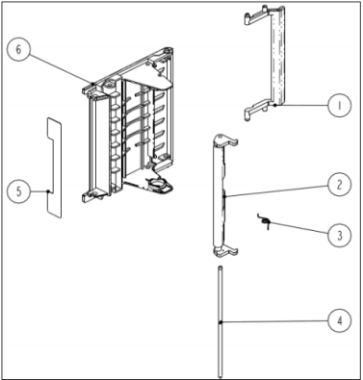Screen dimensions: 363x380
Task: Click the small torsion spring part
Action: pyautogui.click(x=265, y=221)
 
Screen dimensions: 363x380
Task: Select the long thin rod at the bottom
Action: pyautogui.click(x=220, y=321)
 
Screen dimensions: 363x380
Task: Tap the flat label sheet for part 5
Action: pyautogui.click(x=54, y=166)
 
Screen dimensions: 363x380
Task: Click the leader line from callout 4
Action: pyautogui.click(x=274, y=321)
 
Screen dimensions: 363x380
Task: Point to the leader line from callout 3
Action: pyautogui.click(x=298, y=228)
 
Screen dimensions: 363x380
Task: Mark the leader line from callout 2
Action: pyautogui.click(x=276, y=190)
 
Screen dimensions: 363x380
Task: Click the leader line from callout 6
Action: pyautogui.click(x=61, y=68)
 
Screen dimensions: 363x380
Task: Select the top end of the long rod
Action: pyautogui.click(x=220, y=266)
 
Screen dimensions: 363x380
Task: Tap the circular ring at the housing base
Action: pyautogui.click(x=157, y=185)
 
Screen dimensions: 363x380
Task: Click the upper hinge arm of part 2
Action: pyautogui.click(x=227, y=140)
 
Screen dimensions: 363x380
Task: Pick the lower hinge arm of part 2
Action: pyautogui.click(x=228, y=249)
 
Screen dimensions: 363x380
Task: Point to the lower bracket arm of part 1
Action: pyautogui.click(x=258, y=109)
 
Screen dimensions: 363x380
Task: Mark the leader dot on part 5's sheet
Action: pyautogui.click(x=48, y=191)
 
